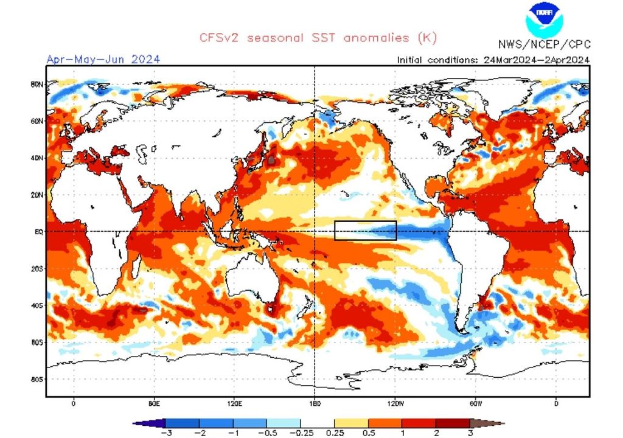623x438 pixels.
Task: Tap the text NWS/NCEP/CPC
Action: point(544,45)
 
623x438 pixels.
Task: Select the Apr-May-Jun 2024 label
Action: point(103,59)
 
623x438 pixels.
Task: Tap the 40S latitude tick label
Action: point(37,305)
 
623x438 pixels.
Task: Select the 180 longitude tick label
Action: point(315,403)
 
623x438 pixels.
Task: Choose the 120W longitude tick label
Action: point(395,403)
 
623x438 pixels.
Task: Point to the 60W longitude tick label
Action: point(476,403)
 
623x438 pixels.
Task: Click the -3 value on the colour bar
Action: point(165,433)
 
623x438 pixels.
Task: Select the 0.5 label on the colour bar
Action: point(368,433)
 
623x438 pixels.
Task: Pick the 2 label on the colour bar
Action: point(436,433)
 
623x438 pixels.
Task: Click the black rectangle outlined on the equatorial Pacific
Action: point(366,231)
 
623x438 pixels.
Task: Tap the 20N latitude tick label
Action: point(37,195)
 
